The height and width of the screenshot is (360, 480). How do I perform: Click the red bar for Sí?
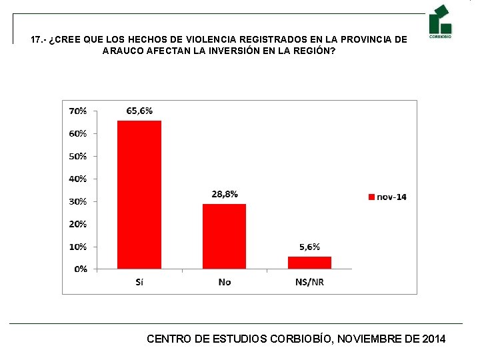[x=139, y=195]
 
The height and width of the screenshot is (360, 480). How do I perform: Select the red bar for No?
[x=225, y=236]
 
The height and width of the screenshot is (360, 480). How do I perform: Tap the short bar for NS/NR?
[x=309, y=263]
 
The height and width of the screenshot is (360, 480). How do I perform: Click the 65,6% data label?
[x=139, y=111]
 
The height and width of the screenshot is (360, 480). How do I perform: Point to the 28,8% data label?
[x=225, y=194]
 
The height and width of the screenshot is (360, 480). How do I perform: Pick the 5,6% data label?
[x=309, y=247]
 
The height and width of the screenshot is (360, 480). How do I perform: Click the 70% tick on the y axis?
[x=77, y=111]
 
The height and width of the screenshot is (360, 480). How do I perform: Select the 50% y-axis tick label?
[x=77, y=156]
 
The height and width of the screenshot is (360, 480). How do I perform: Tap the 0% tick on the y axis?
[x=80, y=269]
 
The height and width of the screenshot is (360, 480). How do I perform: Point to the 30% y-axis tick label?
[x=77, y=201]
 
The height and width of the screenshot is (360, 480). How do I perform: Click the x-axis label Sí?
[x=139, y=282]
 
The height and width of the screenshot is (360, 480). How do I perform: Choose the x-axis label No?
[x=225, y=282]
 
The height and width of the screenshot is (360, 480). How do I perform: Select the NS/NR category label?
[x=309, y=282]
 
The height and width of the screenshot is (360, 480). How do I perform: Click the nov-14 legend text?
[x=391, y=197]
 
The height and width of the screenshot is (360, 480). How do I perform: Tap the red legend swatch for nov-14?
[x=371, y=197]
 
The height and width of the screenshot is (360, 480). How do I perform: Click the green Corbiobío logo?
[x=440, y=21]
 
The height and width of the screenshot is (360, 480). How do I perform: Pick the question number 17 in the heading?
[x=36, y=40]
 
